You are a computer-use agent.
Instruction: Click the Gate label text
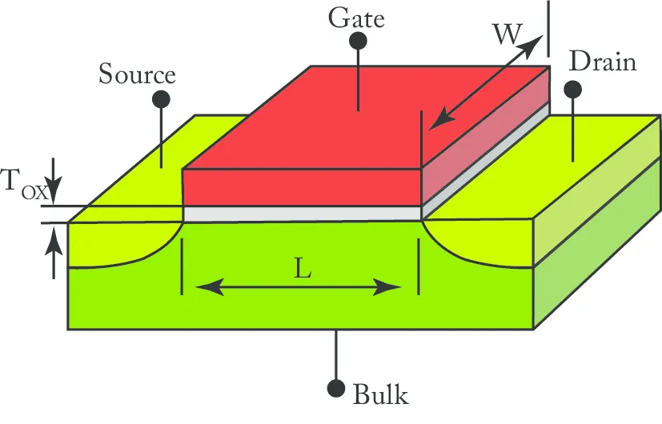[x=356, y=19]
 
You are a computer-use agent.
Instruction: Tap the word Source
[x=137, y=74]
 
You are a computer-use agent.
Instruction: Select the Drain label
[x=603, y=62]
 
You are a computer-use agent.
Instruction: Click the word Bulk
[x=380, y=394]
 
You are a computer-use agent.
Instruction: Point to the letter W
[x=508, y=34]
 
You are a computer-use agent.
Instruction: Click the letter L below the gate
[x=303, y=268]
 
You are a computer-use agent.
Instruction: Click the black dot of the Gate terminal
[x=358, y=41]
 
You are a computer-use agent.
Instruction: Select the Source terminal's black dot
[x=161, y=99]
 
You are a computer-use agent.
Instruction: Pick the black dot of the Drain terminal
[x=573, y=90]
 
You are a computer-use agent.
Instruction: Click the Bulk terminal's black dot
[x=336, y=388]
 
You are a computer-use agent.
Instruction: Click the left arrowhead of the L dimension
[x=210, y=287]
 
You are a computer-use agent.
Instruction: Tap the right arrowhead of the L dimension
[x=387, y=287]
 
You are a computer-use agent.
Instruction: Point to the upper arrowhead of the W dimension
[x=532, y=44]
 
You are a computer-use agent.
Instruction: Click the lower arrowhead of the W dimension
[x=441, y=119]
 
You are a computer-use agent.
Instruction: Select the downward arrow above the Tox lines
[x=54, y=180]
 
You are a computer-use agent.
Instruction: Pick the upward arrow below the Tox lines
[x=54, y=252]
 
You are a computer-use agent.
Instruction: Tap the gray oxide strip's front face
[x=303, y=214]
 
